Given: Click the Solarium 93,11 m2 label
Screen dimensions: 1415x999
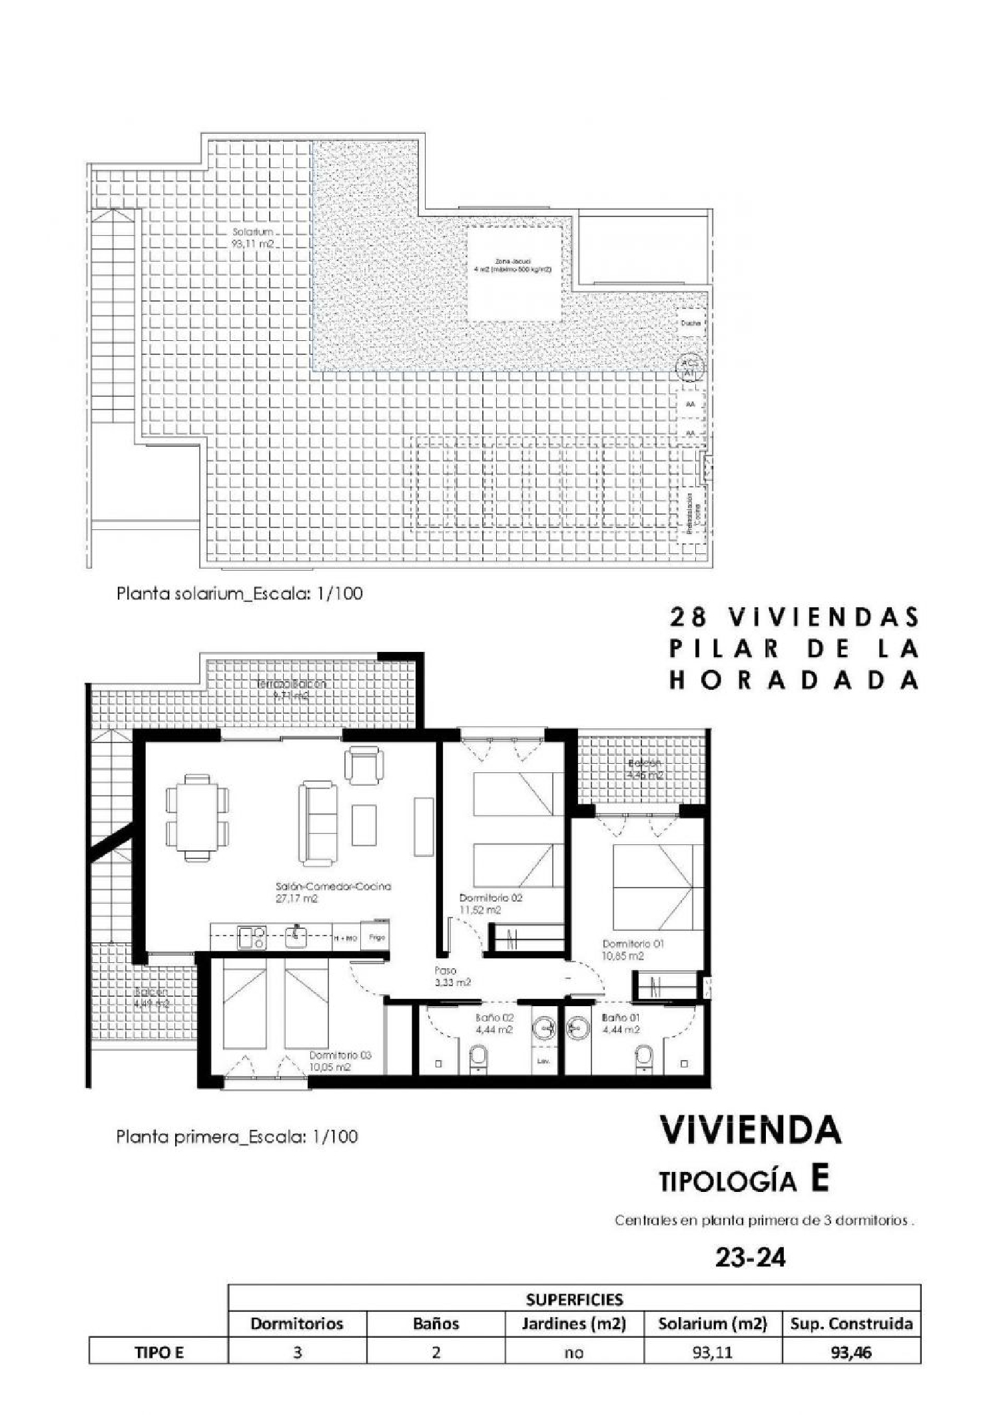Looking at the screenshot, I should pos(254,238).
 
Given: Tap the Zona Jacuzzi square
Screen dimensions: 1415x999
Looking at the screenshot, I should pos(513,274).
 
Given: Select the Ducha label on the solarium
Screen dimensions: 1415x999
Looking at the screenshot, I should pos(691,323).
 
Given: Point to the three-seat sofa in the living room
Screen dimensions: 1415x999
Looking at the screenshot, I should pos(317,824).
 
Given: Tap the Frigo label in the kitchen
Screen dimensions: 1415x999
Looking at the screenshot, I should pos(376,938).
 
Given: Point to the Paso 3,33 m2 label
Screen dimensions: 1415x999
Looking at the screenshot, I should pos(452,976).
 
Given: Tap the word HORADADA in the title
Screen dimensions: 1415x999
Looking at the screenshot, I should pos(794,680).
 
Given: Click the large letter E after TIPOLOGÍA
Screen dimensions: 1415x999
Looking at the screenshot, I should pos(819,1179).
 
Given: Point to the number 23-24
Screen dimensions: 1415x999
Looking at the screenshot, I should pos(750,1257).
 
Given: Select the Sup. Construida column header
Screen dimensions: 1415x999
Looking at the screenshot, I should pos(850,1323).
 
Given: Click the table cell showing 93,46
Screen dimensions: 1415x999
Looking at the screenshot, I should pos(850,1352).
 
